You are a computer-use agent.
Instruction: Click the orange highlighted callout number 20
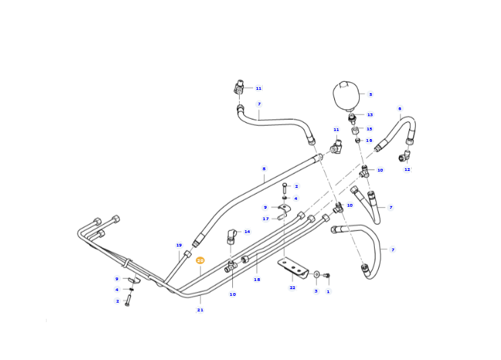coord(200,261)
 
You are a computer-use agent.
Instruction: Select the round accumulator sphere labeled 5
coord(346,95)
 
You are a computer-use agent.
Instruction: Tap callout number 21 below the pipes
coord(200,310)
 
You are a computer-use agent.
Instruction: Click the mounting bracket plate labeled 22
coord(292,268)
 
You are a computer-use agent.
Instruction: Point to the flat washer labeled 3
coord(317,274)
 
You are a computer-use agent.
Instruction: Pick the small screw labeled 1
coord(327,276)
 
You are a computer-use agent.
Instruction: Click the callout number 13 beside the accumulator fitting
coord(370,114)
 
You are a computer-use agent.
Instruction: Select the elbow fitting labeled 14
coord(232,236)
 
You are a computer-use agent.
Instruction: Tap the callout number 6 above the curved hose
coord(400,108)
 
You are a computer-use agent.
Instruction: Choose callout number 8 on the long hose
coord(264,168)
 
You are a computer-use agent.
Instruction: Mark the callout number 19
coord(179,245)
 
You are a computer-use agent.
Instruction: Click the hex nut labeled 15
coord(354,131)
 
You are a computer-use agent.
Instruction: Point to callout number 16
coord(369,140)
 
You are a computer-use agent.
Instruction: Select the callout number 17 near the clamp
coord(266,219)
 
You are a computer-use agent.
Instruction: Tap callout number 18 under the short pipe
coord(257,280)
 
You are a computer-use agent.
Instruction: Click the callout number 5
coord(371,95)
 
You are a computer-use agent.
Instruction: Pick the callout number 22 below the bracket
coord(292,288)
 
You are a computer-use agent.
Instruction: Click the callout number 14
coord(247,232)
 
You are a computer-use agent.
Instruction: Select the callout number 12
coord(407,170)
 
